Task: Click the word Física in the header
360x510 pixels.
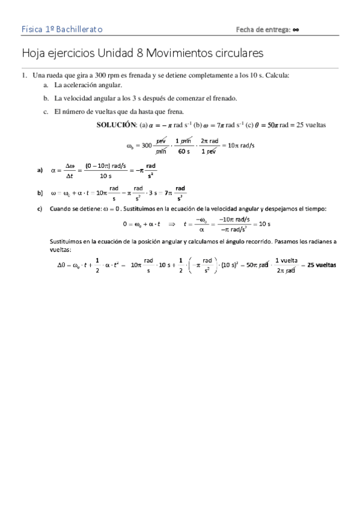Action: (31, 29)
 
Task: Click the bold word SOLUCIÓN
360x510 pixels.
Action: (115, 125)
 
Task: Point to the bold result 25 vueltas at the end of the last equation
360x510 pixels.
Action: (322, 265)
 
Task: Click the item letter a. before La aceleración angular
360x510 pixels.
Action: (46, 85)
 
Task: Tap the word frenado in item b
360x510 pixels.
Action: (224, 98)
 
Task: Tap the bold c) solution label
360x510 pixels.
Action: (40, 209)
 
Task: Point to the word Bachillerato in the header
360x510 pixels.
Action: (79, 29)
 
